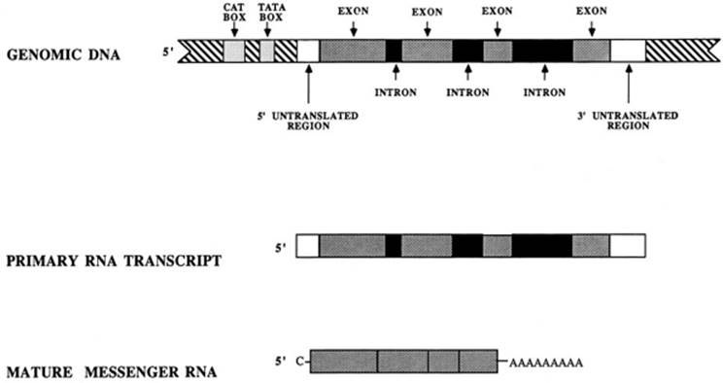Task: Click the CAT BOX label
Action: coord(235,13)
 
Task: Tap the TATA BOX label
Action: coord(271,13)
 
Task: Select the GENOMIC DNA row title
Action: coord(63,54)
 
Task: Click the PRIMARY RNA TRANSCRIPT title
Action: coord(114,261)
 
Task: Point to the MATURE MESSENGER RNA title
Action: coord(112,371)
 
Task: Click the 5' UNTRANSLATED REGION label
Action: coord(307,121)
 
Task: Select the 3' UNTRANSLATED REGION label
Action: coord(628,121)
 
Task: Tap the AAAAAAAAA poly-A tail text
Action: coord(546,363)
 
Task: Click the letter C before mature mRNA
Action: coord(300,362)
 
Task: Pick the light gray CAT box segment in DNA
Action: coord(234,51)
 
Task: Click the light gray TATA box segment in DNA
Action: coord(267,51)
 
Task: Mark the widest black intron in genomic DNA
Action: coord(542,51)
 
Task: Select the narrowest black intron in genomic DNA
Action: coord(394,51)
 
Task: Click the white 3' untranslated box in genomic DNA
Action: coord(628,51)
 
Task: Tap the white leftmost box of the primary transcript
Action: coord(307,246)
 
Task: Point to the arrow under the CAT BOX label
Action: coord(235,30)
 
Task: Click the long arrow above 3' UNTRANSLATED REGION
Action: coord(629,84)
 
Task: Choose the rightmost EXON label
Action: coord(592,11)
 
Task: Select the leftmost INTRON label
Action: coord(396,92)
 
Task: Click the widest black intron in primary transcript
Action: coord(542,246)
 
